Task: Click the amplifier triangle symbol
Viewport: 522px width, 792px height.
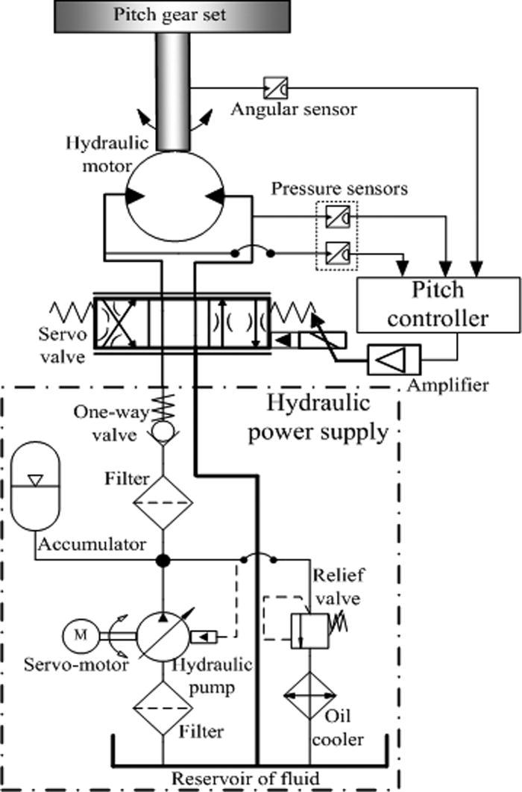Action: (x=394, y=361)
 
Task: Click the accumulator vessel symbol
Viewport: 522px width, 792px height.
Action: (x=36, y=496)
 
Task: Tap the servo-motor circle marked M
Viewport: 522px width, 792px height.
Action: (x=79, y=635)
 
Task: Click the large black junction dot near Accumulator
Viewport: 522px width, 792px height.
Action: (x=163, y=559)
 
